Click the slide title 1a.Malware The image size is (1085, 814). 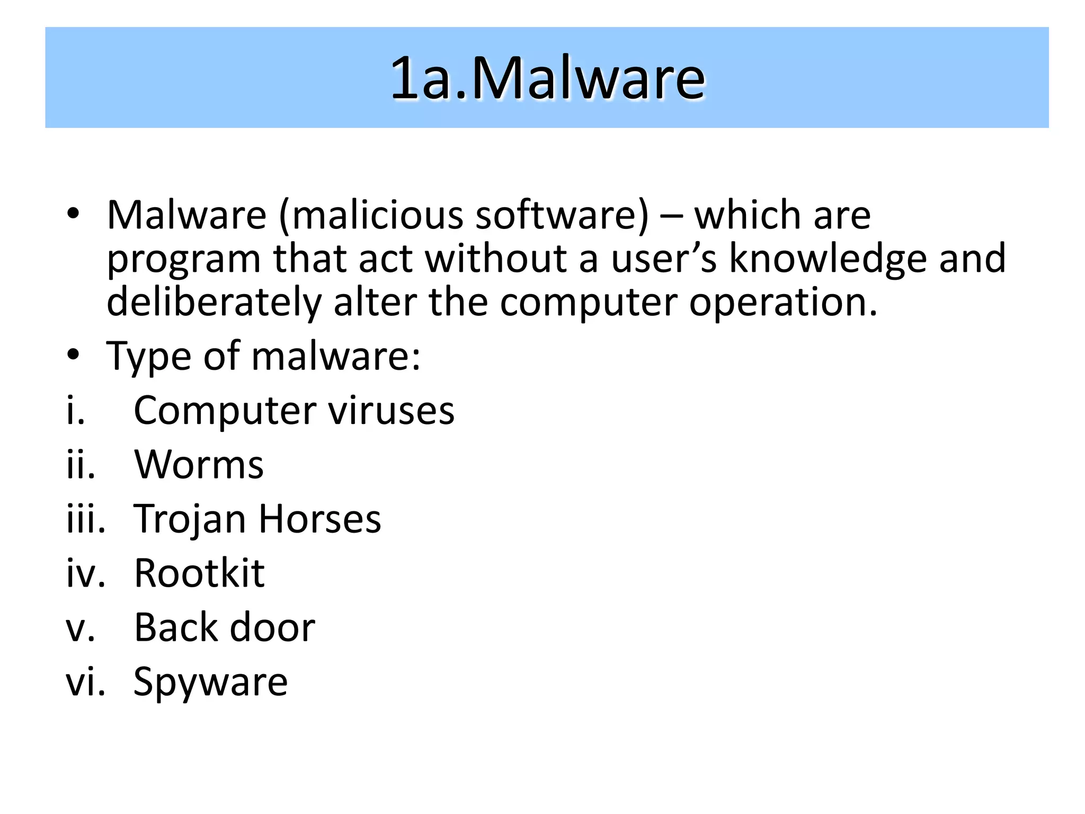pos(547,78)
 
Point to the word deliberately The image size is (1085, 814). pos(214,302)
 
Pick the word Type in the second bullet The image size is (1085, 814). pos(148,356)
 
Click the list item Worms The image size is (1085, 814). pos(199,465)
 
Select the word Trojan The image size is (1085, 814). pos(190,519)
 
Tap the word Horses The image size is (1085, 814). pos(319,519)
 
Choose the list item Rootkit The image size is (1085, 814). pos(199,573)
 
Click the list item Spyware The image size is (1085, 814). pos(210,683)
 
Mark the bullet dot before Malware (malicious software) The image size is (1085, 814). pos(73,214)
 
